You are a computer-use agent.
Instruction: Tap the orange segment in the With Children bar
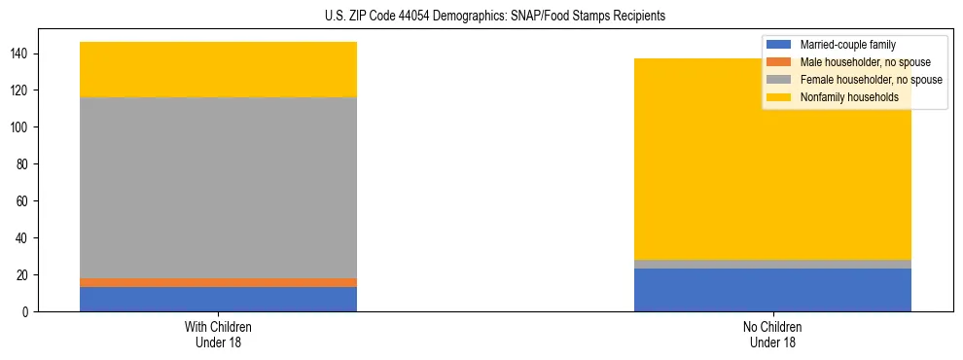pos(218,282)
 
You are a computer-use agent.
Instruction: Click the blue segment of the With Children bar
pos(218,299)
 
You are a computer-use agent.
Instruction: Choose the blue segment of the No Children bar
pos(772,290)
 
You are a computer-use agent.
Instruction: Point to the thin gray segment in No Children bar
pos(772,264)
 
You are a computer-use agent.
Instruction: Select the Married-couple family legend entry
pos(847,45)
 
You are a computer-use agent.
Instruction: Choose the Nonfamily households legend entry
pos(849,97)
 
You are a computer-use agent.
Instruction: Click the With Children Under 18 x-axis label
pos(218,334)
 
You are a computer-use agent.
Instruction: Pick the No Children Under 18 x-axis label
pos(772,334)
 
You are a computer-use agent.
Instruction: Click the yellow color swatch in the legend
pos(779,97)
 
